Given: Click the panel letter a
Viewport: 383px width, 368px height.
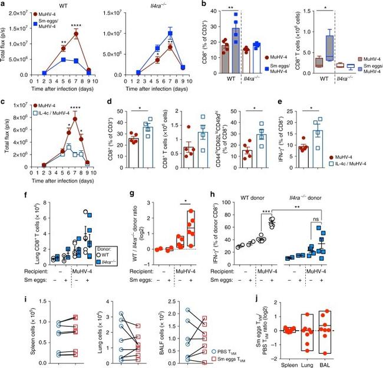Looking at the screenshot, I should click(x=3, y=5).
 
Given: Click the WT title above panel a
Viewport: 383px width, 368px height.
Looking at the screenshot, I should click(x=64, y=6).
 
